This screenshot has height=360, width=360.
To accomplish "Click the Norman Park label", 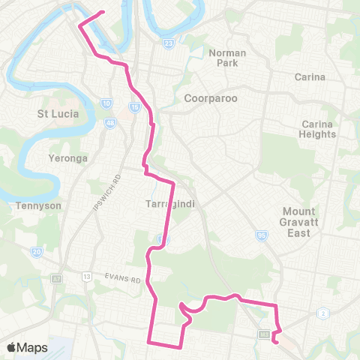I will tap(227, 58).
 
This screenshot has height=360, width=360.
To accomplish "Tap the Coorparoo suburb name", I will tap(207, 99).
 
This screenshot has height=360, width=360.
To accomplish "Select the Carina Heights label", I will tap(319, 129).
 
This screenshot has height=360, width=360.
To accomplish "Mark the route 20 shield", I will tap(37, 253).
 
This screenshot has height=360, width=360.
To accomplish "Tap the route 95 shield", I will tap(262, 235).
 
